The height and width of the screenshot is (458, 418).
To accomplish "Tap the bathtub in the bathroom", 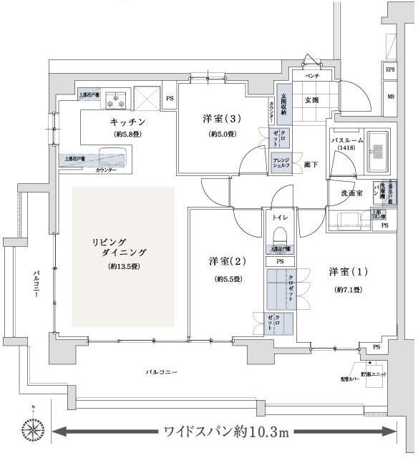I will coord(377,152).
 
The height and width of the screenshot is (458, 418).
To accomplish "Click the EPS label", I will coord(390,70).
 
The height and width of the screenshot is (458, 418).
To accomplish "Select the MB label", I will coord(390,96).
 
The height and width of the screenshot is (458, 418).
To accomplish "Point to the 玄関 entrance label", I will coord(311,99).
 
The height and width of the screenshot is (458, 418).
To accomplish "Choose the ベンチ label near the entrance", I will coord(311,75).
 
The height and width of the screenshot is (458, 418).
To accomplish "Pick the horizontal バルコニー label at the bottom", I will coord(161,373).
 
